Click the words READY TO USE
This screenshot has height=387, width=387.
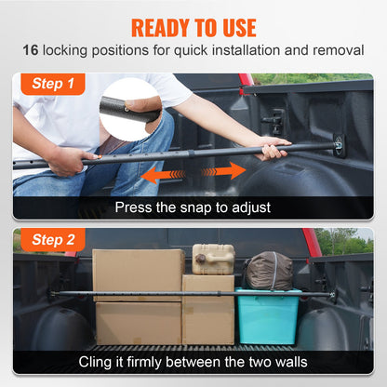(x=193, y=26)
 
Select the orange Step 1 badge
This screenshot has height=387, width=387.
(x=52, y=83)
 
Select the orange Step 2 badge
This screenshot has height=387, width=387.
(x=52, y=240)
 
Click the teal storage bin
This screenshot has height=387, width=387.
(x=267, y=316)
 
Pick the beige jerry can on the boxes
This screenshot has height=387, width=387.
(x=213, y=259)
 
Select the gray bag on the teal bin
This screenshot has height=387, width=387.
(x=268, y=271)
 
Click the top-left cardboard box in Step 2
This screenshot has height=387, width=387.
(x=138, y=273)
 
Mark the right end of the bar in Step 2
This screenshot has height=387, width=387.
(x=331, y=296)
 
